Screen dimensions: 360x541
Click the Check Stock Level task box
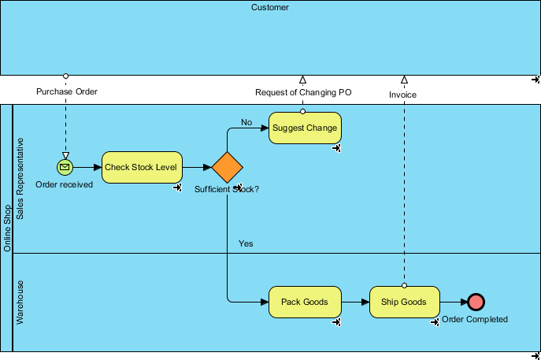click(x=142, y=167)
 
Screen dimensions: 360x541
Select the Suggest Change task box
click(x=305, y=128)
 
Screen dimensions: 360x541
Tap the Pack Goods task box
click(x=305, y=302)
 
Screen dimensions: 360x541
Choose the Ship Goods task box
click(x=404, y=302)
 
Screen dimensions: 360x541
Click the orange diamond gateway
click(x=227, y=167)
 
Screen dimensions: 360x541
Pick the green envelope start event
click(x=65, y=167)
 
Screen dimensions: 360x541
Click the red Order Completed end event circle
click(x=476, y=302)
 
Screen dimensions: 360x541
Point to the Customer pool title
click(x=270, y=8)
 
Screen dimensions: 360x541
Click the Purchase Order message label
click(x=67, y=92)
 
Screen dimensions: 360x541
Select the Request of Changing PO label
click(x=303, y=92)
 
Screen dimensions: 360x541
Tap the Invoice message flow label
click(x=402, y=95)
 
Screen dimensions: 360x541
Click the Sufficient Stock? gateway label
click(x=227, y=189)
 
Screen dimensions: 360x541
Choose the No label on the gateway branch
click(x=246, y=123)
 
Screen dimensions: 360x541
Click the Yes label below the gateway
click(x=246, y=244)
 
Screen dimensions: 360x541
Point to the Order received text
click(x=65, y=184)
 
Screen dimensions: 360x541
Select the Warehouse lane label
click(x=21, y=302)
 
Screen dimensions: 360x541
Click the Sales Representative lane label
click(x=21, y=179)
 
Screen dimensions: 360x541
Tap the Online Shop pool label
click(x=7, y=228)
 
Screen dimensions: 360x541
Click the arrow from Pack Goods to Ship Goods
click(x=355, y=302)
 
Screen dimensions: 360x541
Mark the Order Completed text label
click(x=475, y=319)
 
